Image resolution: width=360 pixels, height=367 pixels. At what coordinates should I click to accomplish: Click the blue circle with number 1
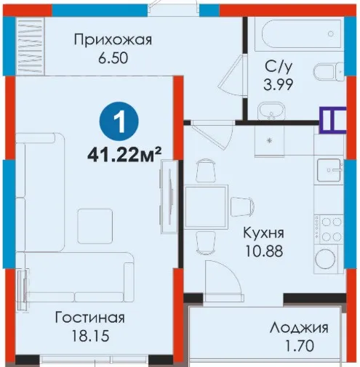point(119,122)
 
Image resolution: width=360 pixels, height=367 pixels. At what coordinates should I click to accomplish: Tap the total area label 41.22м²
point(124,155)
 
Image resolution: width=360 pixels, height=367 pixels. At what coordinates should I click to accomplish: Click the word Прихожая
point(113,40)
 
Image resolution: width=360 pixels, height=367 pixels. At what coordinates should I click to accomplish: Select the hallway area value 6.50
point(113,58)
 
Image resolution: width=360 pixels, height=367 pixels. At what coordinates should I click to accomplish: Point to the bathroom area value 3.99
point(279,84)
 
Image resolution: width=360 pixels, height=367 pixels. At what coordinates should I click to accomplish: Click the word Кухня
point(263,233)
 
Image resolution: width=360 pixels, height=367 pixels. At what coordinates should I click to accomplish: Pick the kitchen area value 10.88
point(264,251)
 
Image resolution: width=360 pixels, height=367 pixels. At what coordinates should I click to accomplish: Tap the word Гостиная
point(90,318)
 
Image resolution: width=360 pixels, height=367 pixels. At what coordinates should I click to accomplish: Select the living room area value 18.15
point(91,336)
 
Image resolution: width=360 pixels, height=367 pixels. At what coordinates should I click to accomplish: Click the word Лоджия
point(299,328)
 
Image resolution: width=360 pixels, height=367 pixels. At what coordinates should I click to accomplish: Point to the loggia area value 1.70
point(300,346)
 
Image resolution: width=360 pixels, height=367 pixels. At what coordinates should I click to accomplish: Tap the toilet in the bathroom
point(329,72)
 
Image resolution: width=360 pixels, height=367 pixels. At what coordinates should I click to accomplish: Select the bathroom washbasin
point(271,111)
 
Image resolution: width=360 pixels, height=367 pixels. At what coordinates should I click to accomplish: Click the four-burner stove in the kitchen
point(329,229)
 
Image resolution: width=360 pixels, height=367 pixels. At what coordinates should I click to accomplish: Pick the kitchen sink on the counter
point(329,170)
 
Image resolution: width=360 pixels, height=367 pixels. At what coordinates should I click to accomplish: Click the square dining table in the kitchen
point(207,206)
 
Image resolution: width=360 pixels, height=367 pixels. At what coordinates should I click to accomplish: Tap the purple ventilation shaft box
point(332,120)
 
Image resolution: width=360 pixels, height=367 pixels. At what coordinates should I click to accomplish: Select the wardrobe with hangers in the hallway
point(31,46)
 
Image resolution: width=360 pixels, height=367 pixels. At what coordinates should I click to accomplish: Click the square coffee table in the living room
point(95,226)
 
